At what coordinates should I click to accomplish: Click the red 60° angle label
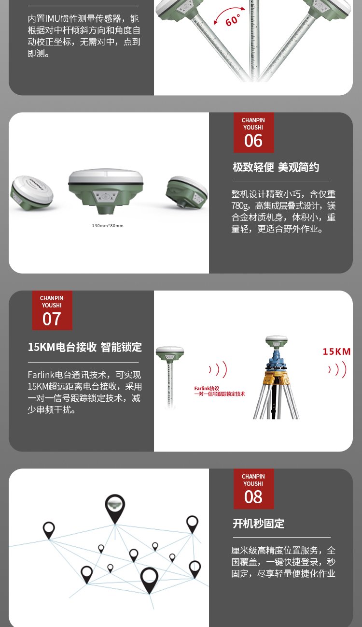click(x=233, y=20)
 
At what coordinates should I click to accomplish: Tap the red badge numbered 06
click(x=253, y=132)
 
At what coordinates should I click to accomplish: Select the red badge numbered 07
click(x=52, y=310)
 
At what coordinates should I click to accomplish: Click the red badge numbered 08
click(x=253, y=489)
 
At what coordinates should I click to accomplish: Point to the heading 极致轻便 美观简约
click(x=276, y=167)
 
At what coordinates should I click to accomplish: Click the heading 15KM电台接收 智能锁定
click(x=84, y=347)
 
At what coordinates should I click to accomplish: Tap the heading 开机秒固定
click(x=259, y=524)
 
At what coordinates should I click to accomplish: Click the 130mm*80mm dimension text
click(x=108, y=226)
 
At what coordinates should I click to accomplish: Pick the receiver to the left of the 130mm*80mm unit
click(x=31, y=192)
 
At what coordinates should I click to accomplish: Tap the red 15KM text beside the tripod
click(x=336, y=351)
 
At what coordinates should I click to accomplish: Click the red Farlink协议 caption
click(x=207, y=389)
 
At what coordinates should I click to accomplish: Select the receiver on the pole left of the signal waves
click(x=170, y=353)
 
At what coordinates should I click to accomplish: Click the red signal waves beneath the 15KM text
click(x=337, y=369)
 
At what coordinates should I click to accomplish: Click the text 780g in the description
click(x=240, y=206)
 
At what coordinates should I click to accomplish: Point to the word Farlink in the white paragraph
click(x=41, y=375)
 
